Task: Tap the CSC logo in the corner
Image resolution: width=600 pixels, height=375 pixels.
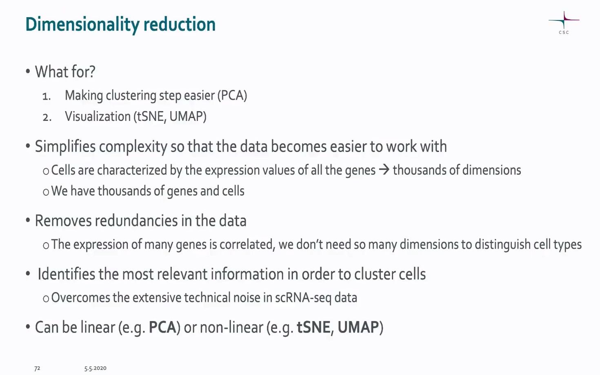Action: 564,23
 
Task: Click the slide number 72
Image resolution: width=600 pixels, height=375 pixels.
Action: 37,368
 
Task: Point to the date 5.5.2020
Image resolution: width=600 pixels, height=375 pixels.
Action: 95,368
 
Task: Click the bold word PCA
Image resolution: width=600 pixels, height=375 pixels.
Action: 162,327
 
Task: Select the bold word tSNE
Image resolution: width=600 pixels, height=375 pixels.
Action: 313,327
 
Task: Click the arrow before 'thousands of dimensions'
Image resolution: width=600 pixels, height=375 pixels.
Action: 384,170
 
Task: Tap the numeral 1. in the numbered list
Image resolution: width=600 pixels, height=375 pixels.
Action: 47,96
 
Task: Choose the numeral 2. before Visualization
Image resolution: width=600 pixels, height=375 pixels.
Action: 47,118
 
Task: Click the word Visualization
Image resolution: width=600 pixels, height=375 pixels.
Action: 98,116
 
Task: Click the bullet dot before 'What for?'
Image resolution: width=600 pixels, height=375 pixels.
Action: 28,72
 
